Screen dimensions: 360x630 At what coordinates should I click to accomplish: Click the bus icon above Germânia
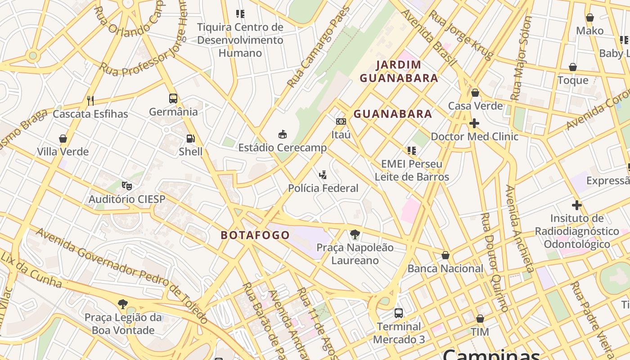click(173, 99)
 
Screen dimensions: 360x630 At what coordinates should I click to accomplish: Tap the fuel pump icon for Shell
click(191, 139)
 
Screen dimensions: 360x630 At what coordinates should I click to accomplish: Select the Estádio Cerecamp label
click(282, 148)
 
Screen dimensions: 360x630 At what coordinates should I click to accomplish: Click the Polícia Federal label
click(323, 188)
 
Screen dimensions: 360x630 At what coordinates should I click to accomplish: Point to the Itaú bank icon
click(341, 121)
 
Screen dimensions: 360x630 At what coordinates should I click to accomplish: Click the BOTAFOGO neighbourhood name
click(255, 235)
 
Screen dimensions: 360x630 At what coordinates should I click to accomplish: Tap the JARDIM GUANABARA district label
click(399, 72)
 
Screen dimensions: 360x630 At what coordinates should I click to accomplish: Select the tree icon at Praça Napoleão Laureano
click(355, 234)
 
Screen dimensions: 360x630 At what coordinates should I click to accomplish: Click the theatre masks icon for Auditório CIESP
click(127, 185)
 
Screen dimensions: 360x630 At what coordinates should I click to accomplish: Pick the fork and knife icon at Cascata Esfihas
click(90, 100)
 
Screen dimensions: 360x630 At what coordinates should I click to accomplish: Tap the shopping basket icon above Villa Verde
click(63, 139)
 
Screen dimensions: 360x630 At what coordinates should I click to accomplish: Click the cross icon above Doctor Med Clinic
click(474, 123)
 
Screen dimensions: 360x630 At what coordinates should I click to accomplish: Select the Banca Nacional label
click(445, 269)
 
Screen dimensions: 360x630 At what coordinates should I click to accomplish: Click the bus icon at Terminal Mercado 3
click(398, 313)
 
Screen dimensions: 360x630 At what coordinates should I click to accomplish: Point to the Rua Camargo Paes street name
click(319, 46)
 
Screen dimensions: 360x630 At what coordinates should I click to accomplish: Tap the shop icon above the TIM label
click(480, 319)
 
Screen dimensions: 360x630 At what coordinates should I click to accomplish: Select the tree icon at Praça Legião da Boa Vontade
click(122, 304)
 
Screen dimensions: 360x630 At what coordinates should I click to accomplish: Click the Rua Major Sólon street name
click(522, 58)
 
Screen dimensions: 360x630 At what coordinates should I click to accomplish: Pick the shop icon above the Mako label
click(589, 18)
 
